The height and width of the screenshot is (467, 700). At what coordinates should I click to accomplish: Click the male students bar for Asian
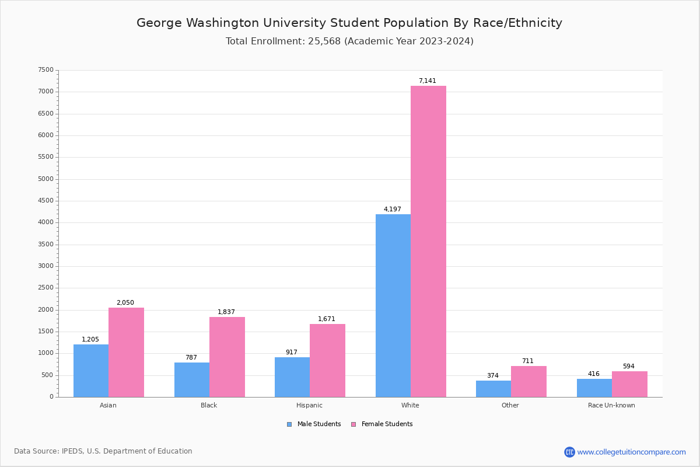click(x=91, y=371)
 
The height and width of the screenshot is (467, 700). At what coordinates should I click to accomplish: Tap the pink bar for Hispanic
click(x=327, y=360)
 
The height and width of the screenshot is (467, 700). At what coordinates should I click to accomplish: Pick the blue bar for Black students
click(x=192, y=379)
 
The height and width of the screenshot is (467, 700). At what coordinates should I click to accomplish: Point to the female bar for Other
click(x=528, y=381)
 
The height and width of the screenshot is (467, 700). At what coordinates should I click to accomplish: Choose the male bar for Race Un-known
click(x=594, y=388)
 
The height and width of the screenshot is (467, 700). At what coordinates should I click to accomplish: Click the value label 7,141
click(x=427, y=81)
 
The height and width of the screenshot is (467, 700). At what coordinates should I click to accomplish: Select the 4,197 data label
click(x=392, y=210)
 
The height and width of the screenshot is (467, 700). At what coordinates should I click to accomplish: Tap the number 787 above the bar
click(x=191, y=358)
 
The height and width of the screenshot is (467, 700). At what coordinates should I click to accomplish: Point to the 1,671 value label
click(x=326, y=319)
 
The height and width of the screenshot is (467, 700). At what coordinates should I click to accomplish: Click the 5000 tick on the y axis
click(x=46, y=179)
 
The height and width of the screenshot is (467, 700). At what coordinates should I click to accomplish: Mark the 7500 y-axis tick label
click(x=46, y=70)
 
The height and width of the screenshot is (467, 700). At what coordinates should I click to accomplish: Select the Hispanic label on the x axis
click(x=309, y=405)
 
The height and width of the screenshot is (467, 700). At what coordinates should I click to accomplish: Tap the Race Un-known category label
click(x=611, y=405)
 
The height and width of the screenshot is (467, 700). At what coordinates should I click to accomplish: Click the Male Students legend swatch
click(x=289, y=424)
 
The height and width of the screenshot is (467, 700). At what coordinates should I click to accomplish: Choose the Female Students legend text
click(x=387, y=424)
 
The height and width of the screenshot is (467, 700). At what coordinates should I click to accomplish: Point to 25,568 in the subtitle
click(x=324, y=41)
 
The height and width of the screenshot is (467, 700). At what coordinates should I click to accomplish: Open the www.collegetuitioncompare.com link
click(x=631, y=452)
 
